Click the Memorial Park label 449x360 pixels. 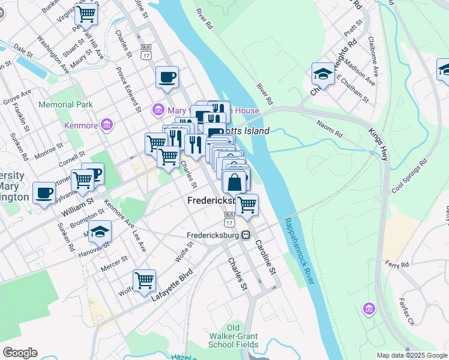pyautogui.click(x=66, y=104)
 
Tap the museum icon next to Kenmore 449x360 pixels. pyautogui.click(x=107, y=125)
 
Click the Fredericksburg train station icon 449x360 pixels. pyautogui.click(x=246, y=235)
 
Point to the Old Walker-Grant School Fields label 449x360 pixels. pyautogui.click(x=234, y=336)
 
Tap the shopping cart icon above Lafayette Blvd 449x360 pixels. pyautogui.click(x=144, y=280)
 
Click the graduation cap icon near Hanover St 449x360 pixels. pyautogui.click(x=100, y=231)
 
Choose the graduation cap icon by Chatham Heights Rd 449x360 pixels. pyautogui.click(x=323, y=74)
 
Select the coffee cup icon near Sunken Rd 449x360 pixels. pyautogui.click(x=44, y=193)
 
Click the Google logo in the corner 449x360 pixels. pyautogui.click(x=20, y=353)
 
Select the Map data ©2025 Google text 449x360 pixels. pyautogui.click(x=411, y=355)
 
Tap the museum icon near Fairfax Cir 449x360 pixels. pyautogui.click(x=369, y=310)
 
